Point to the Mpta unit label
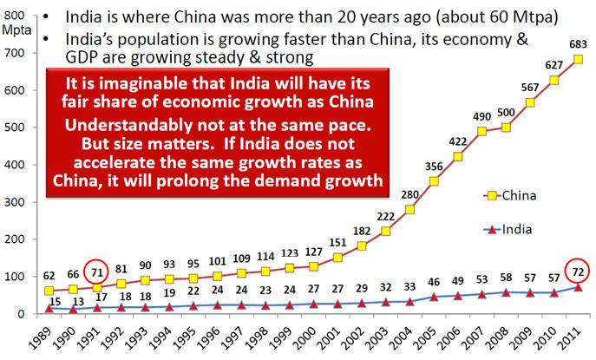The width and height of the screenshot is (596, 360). pos(16,29)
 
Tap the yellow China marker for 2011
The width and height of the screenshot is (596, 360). pos(579,60)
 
